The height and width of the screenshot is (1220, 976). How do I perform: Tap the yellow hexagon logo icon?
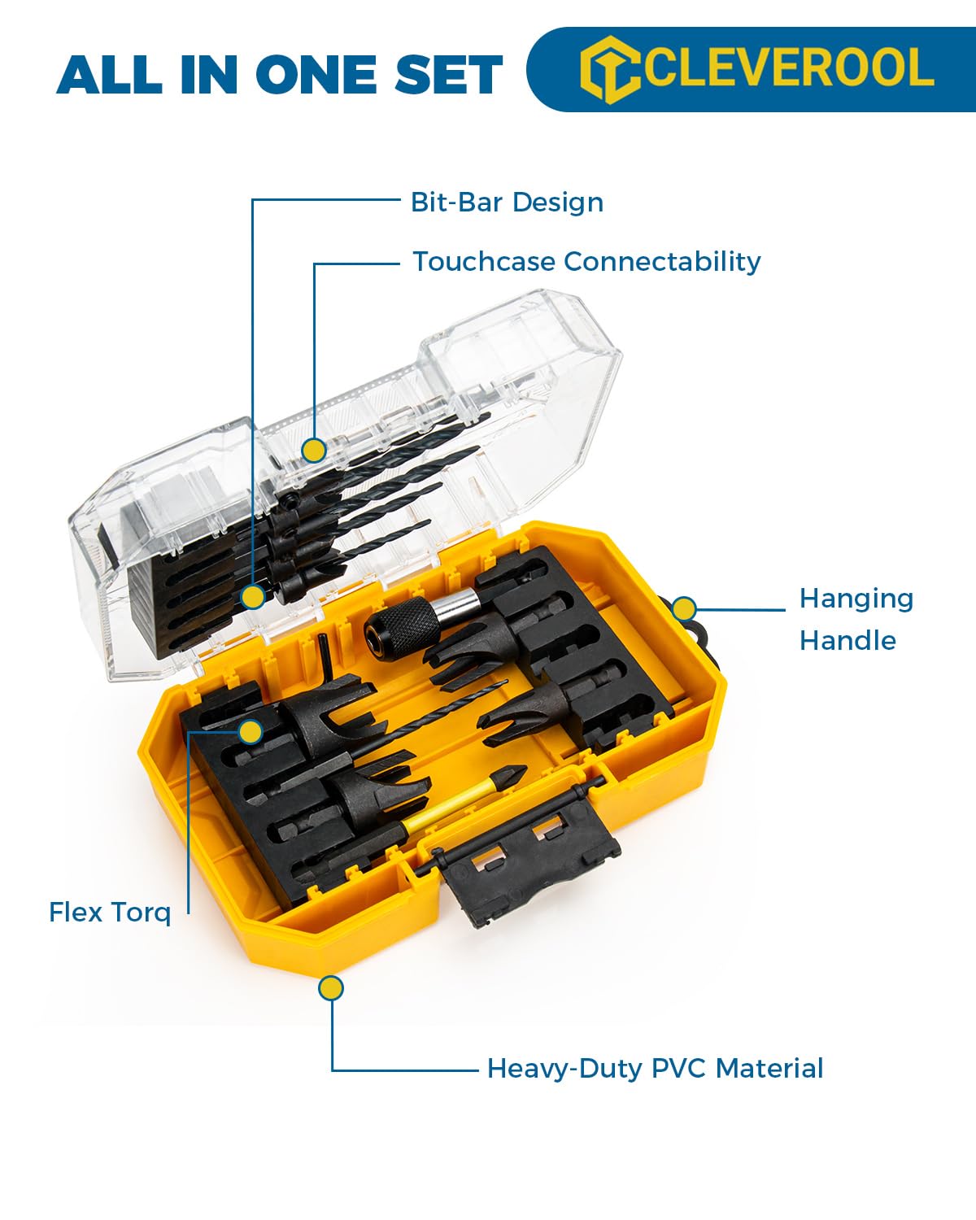point(609,68)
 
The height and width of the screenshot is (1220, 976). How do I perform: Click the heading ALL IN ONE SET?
point(280,75)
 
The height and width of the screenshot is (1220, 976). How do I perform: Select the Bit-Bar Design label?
point(507,202)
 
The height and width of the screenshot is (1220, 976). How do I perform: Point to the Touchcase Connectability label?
point(586,261)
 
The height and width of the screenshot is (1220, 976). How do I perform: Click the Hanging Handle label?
point(856,619)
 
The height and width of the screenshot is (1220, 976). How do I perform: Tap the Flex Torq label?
point(110,912)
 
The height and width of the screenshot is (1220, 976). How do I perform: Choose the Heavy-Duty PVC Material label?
point(655,1068)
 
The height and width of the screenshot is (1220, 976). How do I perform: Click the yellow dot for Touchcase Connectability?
point(313,450)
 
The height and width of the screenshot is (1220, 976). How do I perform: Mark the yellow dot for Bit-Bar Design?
point(254,597)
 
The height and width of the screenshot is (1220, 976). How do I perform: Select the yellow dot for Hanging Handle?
point(684,608)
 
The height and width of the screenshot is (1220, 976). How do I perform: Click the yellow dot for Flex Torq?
point(251,731)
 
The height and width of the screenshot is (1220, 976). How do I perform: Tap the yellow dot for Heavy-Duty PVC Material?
point(330,988)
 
